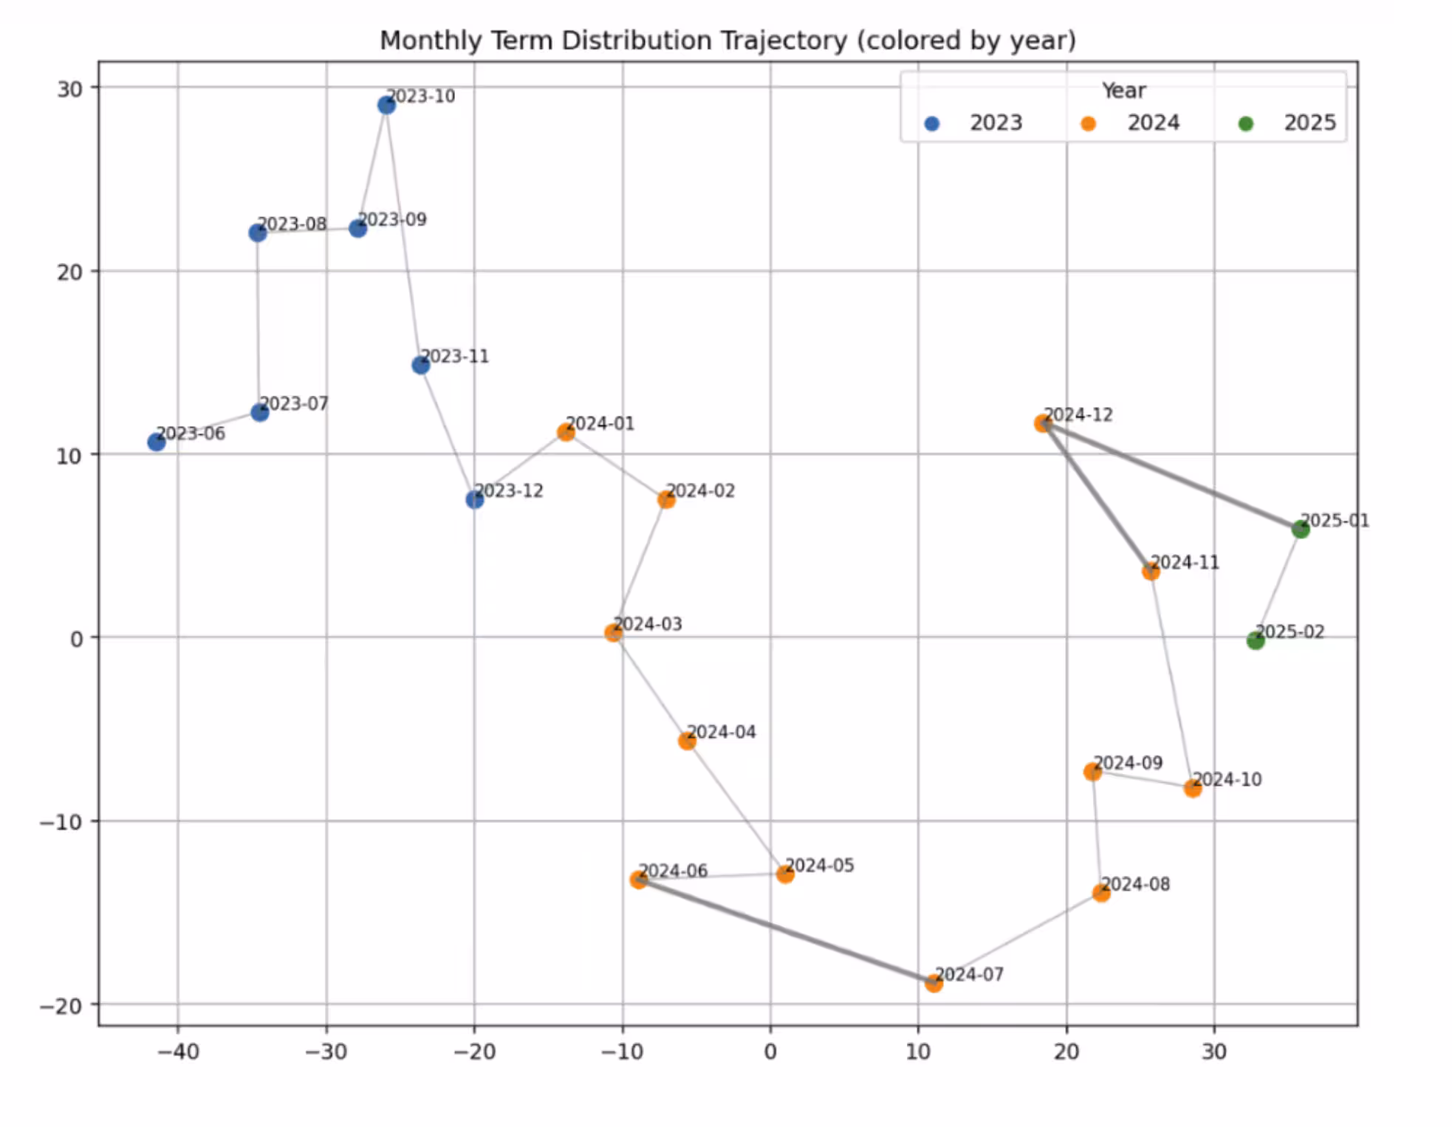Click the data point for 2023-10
click(x=386, y=106)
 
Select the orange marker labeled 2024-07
click(x=934, y=983)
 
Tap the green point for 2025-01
click(x=1301, y=529)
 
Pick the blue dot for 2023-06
click(x=157, y=442)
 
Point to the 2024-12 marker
click(x=1042, y=423)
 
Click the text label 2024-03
click(x=648, y=624)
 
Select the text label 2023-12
click(x=509, y=490)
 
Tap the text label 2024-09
click(x=1128, y=762)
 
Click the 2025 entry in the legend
click(x=1309, y=123)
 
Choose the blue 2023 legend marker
click(x=932, y=124)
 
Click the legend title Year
click(x=1123, y=91)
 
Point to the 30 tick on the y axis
click(x=70, y=89)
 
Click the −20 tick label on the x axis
click(x=474, y=1051)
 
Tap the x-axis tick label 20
click(x=1066, y=1051)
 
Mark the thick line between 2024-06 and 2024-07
click(x=786, y=931)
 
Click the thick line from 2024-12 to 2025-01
click(x=1171, y=476)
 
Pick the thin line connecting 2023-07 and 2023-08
click(x=258, y=323)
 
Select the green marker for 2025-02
click(x=1256, y=640)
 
